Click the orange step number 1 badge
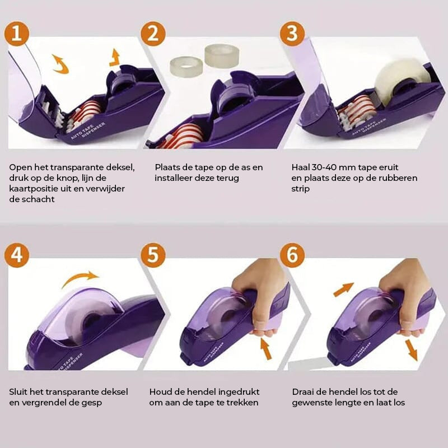pos(17,34)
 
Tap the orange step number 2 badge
pos(153,34)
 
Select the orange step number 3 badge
pos(292,34)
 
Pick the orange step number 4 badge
pos(17,255)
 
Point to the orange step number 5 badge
pos(153,255)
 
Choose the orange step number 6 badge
pos(292,255)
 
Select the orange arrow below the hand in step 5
pos(266,348)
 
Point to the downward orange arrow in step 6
pos(412,350)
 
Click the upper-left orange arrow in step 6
pos(344,289)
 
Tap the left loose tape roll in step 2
pos(186,67)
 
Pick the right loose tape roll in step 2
pos(222,56)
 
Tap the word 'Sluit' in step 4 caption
pos(18,391)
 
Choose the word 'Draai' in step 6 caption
pos(303,391)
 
